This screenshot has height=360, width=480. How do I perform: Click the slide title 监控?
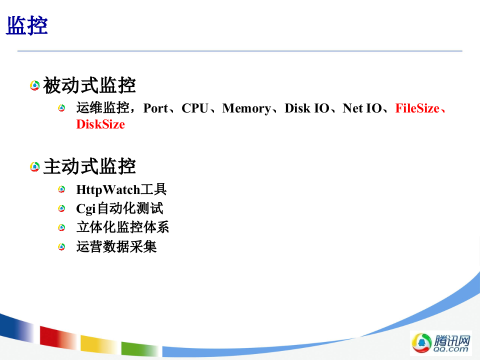click(x=27, y=26)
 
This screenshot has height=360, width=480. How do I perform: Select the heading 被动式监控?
click(x=89, y=85)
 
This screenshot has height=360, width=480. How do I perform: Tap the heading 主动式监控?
click(x=89, y=166)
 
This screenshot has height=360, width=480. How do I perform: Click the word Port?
click(x=155, y=108)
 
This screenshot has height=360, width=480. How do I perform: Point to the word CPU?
click(x=194, y=108)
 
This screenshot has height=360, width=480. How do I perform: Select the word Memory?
click(x=246, y=108)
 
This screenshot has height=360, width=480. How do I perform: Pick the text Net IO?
click(x=362, y=108)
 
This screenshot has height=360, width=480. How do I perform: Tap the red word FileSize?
click(x=417, y=108)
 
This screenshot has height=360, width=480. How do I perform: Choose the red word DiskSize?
click(x=100, y=124)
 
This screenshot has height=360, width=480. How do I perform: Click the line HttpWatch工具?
click(x=121, y=190)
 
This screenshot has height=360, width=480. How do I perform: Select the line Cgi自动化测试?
click(x=119, y=208)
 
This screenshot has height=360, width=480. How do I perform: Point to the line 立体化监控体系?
click(x=122, y=227)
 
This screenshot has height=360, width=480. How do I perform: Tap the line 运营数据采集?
click(x=116, y=246)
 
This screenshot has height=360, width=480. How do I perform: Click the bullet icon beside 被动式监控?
click(x=34, y=86)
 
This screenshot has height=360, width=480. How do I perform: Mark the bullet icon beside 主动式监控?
click(x=34, y=166)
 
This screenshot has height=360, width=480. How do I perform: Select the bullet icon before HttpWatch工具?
click(x=61, y=190)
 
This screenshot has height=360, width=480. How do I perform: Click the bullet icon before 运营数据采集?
click(x=61, y=246)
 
